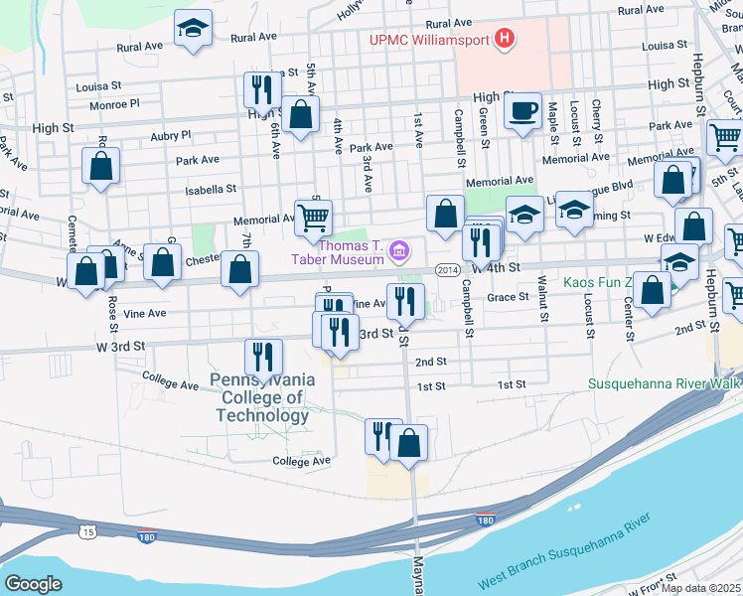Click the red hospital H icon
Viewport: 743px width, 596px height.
[506, 40]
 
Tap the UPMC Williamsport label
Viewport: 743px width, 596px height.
[429, 41]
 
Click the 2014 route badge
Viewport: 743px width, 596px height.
[447, 268]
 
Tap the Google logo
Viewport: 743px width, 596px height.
[33, 584]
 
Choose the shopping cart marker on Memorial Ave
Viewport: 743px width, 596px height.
[313, 217]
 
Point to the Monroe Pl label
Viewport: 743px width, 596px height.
[114, 103]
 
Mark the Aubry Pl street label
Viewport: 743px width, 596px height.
[170, 135]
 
